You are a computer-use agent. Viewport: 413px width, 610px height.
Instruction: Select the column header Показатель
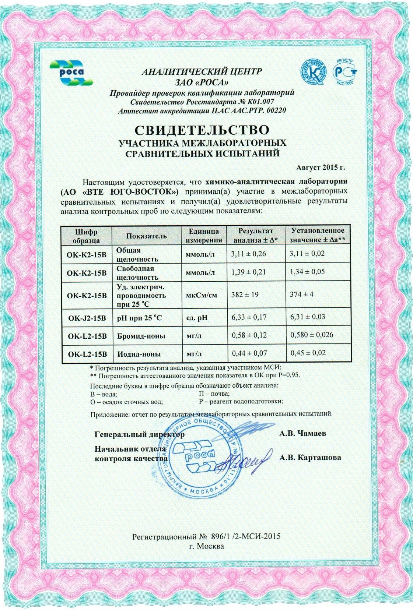146,236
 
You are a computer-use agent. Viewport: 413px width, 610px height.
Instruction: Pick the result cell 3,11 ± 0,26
248,254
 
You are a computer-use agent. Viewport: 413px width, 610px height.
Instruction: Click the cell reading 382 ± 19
243,295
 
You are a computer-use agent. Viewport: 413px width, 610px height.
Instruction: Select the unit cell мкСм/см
201,295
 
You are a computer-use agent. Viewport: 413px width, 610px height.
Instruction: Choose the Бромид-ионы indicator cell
141,336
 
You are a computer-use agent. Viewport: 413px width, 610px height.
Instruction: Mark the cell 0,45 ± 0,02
308,353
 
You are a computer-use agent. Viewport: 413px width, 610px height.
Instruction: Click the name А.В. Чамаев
302,433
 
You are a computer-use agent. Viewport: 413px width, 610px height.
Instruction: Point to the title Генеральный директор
140,434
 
